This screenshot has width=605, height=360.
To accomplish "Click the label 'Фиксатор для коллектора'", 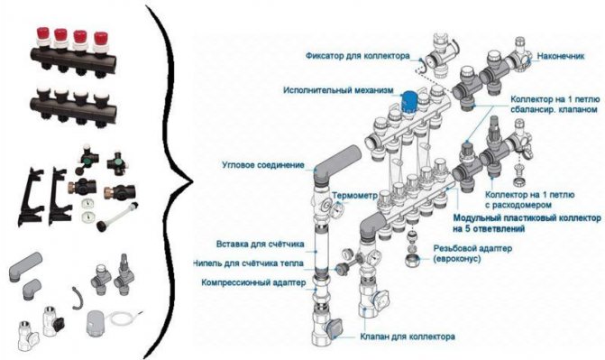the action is pyautogui.click(x=358, y=56).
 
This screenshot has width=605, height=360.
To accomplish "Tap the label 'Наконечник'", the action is pyautogui.click(x=561, y=56).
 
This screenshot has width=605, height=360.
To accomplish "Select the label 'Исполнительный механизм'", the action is pyautogui.click(x=338, y=90).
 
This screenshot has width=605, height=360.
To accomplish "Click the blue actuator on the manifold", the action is pyautogui.click(x=408, y=102).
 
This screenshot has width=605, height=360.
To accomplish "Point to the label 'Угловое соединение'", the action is pyautogui.click(x=263, y=165).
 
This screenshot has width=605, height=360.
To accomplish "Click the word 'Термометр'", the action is pyautogui.click(x=354, y=196).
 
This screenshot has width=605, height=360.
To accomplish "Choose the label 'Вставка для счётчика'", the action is pyautogui.click(x=260, y=245).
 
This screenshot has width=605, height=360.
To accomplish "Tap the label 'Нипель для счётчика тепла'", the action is pyautogui.click(x=248, y=263).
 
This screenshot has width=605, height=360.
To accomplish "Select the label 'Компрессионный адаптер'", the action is pyautogui.click(x=253, y=282).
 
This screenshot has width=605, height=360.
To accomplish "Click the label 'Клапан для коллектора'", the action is pyautogui.click(x=408, y=337).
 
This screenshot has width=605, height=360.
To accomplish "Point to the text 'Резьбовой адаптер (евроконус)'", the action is pyautogui.click(x=472, y=253).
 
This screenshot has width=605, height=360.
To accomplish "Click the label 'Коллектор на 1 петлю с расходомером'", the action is pyautogui.click(x=530, y=199).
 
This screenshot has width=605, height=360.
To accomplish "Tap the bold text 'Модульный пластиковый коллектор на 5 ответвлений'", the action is pyautogui.click(x=527, y=223).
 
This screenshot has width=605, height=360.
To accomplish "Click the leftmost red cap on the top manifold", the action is pyautogui.click(x=41, y=34).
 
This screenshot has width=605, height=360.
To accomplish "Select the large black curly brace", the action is pyautogui.click(x=169, y=181).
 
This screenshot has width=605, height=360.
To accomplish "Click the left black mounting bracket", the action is pyautogui.click(x=30, y=197).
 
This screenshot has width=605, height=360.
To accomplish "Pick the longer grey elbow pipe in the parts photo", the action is pyautogui.click(x=25, y=266).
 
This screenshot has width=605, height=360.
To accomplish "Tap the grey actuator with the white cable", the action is pyautogui.click(x=96, y=323).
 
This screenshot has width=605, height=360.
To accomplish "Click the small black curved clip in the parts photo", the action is pyautogui.click(x=78, y=298).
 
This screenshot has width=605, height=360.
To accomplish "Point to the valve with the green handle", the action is pyautogui.click(x=88, y=157).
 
